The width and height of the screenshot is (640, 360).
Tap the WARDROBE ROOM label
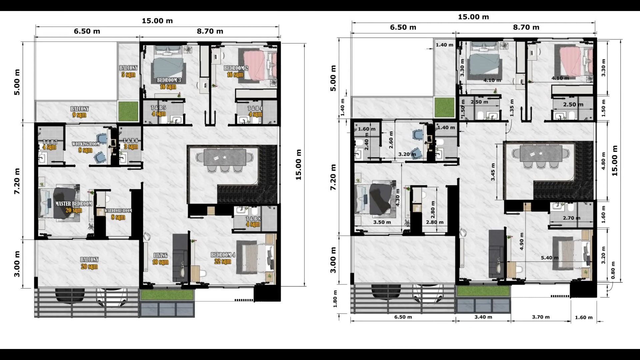(118, 211)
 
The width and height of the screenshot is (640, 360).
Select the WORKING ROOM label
(86, 144)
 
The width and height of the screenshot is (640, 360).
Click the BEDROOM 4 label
(223, 255)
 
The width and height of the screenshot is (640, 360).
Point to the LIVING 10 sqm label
(160, 259)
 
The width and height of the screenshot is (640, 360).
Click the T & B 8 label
(253, 219)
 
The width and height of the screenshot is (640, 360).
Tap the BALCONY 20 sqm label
(89, 263)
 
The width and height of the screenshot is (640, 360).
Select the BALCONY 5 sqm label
(128, 71)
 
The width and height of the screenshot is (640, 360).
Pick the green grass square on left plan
(128, 111)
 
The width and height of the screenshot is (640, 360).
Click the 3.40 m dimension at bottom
(483, 317)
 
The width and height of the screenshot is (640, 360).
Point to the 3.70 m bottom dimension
(541, 317)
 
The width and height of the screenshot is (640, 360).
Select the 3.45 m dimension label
(493, 172)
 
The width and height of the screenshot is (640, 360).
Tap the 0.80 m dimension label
(613, 270)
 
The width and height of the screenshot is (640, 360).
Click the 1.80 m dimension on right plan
(335, 299)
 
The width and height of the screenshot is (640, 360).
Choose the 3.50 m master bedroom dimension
(382, 222)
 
